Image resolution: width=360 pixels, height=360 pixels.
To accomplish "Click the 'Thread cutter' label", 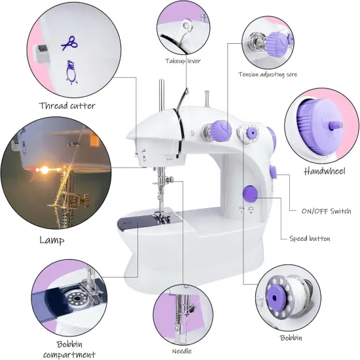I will (67, 105).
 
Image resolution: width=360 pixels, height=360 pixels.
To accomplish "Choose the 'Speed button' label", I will (310, 239).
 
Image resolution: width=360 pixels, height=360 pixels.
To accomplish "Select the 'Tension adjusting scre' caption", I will (267, 75).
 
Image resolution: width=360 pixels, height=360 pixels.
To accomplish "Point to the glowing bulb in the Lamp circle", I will (45, 169).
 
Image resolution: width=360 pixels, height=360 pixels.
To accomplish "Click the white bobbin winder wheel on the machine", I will (247, 134).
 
